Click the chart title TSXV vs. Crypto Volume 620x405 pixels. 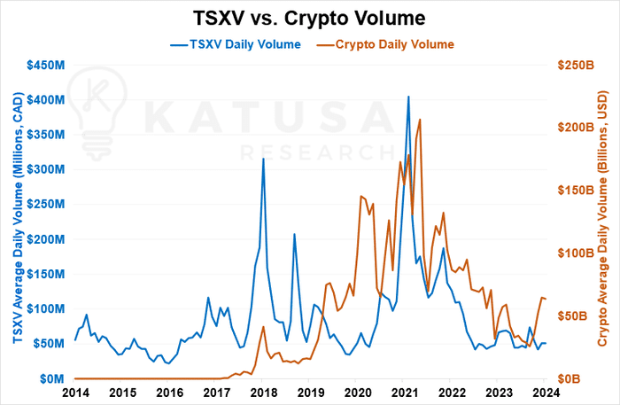tap(309, 19)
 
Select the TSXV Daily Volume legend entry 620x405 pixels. tap(236, 44)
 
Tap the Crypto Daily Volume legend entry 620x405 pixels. tap(385, 44)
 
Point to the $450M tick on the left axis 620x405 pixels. tap(46, 65)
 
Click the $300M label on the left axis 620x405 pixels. tap(46, 169)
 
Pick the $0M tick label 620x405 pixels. tap(51, 379)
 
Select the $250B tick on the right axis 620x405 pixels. tap(576, 65)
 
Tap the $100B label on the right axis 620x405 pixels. tap(576, 253)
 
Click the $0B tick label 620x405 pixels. tap(569, 379)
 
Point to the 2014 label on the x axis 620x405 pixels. tap(75, 393)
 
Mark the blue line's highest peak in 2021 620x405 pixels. tap(408, 97)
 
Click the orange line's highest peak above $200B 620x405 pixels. tap(420, 120)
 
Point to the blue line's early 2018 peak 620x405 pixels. tap(263, 159)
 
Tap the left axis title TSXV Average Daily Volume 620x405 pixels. tap(19, 218)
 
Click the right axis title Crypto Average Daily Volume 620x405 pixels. tap(601, 219)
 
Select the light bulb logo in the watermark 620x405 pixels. tap(97, 113)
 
